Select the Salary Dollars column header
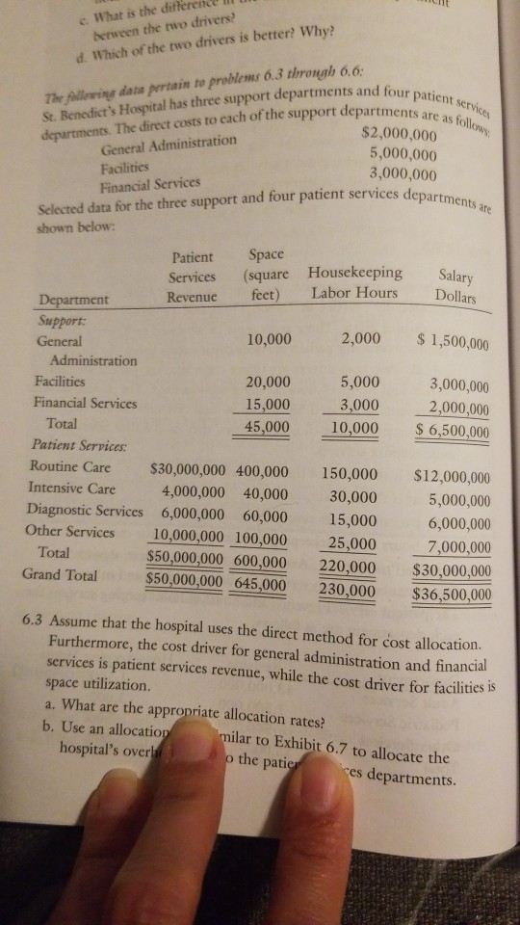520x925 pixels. point(460,284)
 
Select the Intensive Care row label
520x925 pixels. point(72,488)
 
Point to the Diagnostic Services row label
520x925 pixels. point(86,510)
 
